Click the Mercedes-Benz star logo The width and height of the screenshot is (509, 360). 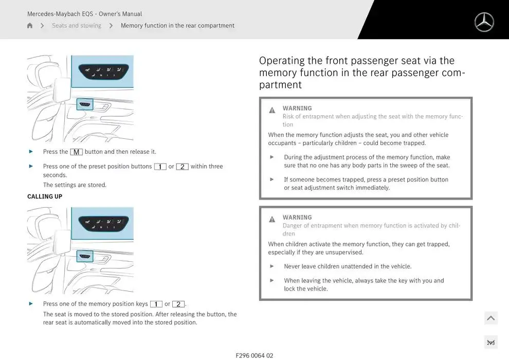[484, 23]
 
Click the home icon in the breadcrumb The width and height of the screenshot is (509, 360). [30, 26]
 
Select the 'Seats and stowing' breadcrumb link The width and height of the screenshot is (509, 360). [77, 26]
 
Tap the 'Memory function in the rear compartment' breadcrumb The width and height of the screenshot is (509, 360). [177, 26]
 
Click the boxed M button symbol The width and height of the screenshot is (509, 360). [76, 152]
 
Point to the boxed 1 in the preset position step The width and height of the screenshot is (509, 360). [160, 167]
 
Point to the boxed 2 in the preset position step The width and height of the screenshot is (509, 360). [182, 167]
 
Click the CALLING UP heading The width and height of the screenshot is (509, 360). [45, 196]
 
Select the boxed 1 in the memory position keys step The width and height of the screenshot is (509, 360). [156, 304]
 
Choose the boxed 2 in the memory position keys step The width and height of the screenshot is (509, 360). [178, 304]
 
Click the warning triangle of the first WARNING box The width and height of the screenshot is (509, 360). [272, 110]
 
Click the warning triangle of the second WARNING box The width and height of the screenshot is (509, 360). [272, 219]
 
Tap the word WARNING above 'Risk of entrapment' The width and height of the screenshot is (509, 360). [297, 109]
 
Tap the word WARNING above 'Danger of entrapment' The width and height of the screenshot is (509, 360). [297, 218]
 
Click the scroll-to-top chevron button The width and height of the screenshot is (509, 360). [491, 318]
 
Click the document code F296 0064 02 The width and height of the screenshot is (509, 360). [254, 355]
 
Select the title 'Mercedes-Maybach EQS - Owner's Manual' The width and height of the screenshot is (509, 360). [84, 14]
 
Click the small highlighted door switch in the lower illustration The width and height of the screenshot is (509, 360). [85, 257]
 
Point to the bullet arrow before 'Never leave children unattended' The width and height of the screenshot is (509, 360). [272, 266]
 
